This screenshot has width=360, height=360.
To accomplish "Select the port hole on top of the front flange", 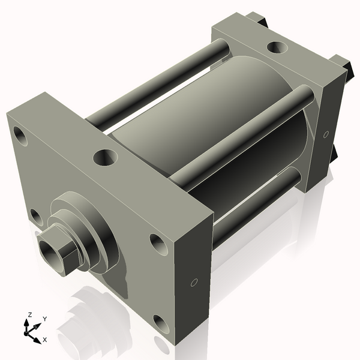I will tap(105, 158).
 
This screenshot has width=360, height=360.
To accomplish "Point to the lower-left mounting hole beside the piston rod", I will tap(36, 217).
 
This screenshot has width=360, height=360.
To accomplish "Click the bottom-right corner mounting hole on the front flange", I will tap(161, 324).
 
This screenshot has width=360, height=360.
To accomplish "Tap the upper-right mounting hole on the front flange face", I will tap(158, 243).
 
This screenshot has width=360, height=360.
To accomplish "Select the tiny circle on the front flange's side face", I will tap(194, 282).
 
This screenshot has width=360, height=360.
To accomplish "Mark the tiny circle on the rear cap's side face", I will tap(326, 134).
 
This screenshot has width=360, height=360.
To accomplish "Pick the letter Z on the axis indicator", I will tap(29, 314).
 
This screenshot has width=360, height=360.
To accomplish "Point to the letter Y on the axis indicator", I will tap(45, 319).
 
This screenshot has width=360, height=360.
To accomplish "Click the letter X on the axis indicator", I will tap(44, 340).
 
